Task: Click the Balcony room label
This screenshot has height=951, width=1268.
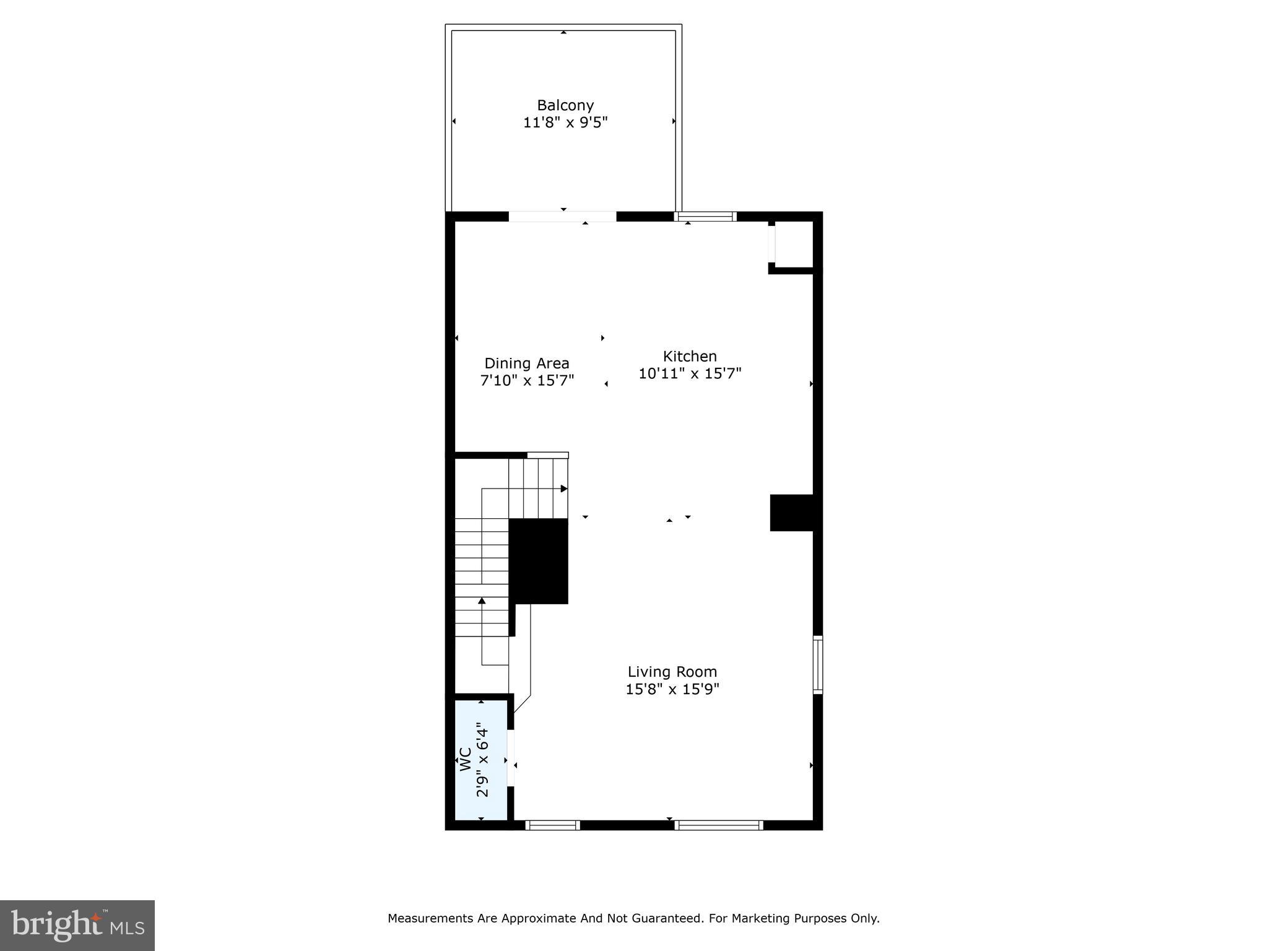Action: pos(565,105)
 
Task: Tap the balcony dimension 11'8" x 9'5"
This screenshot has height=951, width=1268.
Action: pos(565,123)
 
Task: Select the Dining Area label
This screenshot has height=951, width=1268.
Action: pos(526,363)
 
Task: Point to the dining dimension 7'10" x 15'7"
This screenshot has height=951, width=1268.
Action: pos(527,380)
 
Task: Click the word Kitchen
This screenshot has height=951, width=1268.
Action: pos(689,356)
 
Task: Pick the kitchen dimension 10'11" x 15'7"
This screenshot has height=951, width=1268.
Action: pos(689,373)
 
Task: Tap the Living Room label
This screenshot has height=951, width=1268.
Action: pos(672,672)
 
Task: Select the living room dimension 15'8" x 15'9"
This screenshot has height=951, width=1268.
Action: pos(672,689)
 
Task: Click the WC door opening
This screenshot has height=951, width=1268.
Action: pos(511,758)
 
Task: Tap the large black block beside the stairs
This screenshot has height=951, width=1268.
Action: pos(538,561)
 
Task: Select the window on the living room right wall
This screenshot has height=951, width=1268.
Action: pos(817,664)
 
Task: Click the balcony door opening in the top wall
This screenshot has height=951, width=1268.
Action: pos(562,217)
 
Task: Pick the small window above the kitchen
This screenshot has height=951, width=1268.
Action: pos(705,217)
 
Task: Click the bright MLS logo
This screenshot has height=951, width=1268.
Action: pos(77,925)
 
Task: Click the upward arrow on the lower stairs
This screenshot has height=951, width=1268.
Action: pos(482,601)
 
